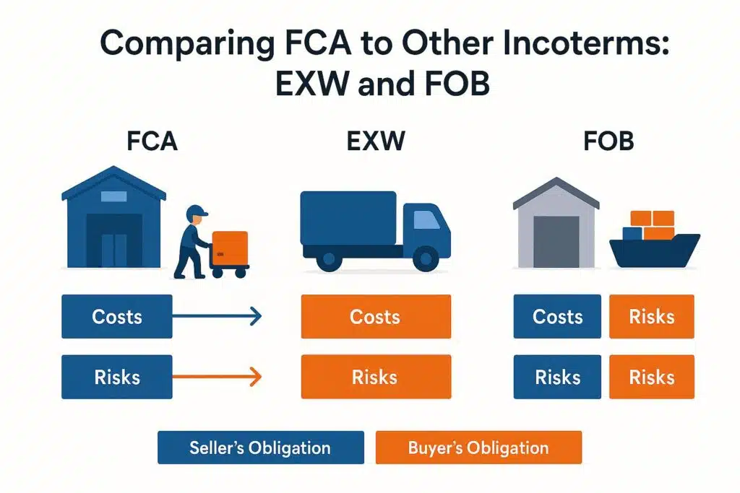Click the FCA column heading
152,140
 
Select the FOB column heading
608,140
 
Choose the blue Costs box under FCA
117,316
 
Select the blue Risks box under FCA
117,377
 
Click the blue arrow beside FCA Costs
217,315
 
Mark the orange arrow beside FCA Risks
217,376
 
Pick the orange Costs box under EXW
376,316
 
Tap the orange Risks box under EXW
376,377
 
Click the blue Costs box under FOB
557,316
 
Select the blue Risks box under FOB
557,377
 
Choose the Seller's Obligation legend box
260,448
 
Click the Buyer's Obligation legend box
478,448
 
